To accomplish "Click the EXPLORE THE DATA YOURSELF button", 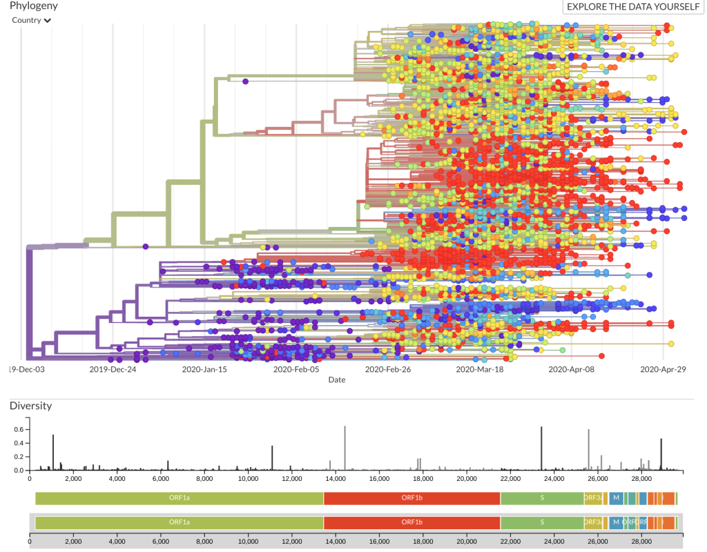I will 632,7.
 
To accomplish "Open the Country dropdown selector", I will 32,20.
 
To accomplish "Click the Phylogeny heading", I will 34,6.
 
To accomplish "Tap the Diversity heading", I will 30,406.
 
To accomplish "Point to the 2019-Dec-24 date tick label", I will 113,369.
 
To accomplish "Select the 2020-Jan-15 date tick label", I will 205,369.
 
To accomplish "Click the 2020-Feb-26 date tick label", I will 388,369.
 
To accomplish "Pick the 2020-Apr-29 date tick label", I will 663,369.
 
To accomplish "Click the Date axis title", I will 337,379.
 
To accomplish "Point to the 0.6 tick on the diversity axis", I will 19,429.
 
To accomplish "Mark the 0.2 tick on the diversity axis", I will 19,457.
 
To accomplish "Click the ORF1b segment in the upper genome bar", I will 411,497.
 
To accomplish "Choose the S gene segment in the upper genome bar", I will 542,497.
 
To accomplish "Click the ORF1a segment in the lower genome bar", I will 179,522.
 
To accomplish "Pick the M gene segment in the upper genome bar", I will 616,497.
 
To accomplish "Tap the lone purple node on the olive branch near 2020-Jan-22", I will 245,81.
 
